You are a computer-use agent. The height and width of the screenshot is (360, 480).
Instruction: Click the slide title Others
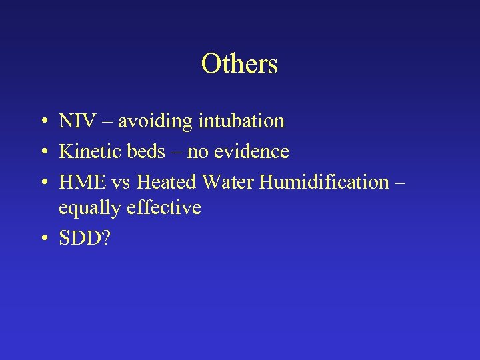click(x=239, y=64)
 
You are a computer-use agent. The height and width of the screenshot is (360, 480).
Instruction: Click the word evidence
click(x=250, y=152)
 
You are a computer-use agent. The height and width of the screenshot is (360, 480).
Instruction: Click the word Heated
click(x=167, y=182)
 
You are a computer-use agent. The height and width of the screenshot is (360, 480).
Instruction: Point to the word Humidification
click(x=325, y=182)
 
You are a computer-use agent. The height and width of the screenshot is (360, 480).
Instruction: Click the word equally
click(x=93, y=209)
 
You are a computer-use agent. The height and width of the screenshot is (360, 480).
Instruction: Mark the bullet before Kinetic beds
click(x=42, y=153)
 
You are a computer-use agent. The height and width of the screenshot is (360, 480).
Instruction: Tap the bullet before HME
click(x=42, y=183)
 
